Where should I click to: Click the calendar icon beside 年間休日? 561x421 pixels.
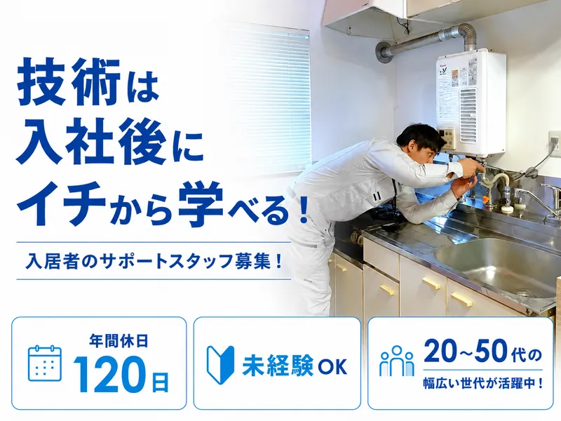point(45,363)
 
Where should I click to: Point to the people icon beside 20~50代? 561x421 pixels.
point(397,361)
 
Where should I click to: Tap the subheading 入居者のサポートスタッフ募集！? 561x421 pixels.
point(154,261)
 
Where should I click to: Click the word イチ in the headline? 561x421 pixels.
point(62,205)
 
